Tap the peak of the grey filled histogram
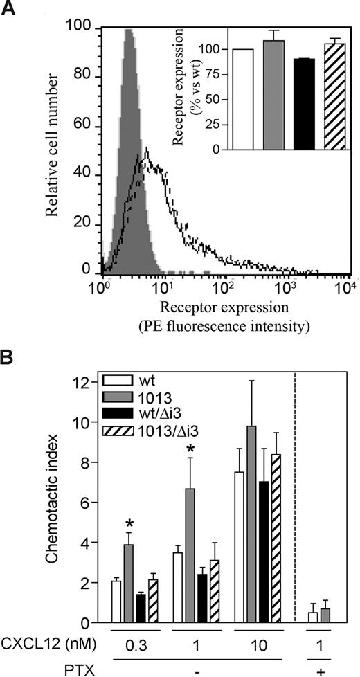127,31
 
